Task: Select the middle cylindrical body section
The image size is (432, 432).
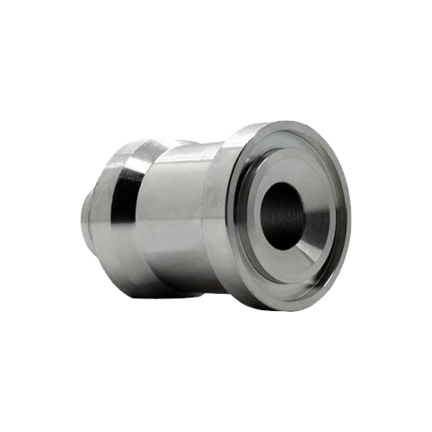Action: click(x=177, y=216)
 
